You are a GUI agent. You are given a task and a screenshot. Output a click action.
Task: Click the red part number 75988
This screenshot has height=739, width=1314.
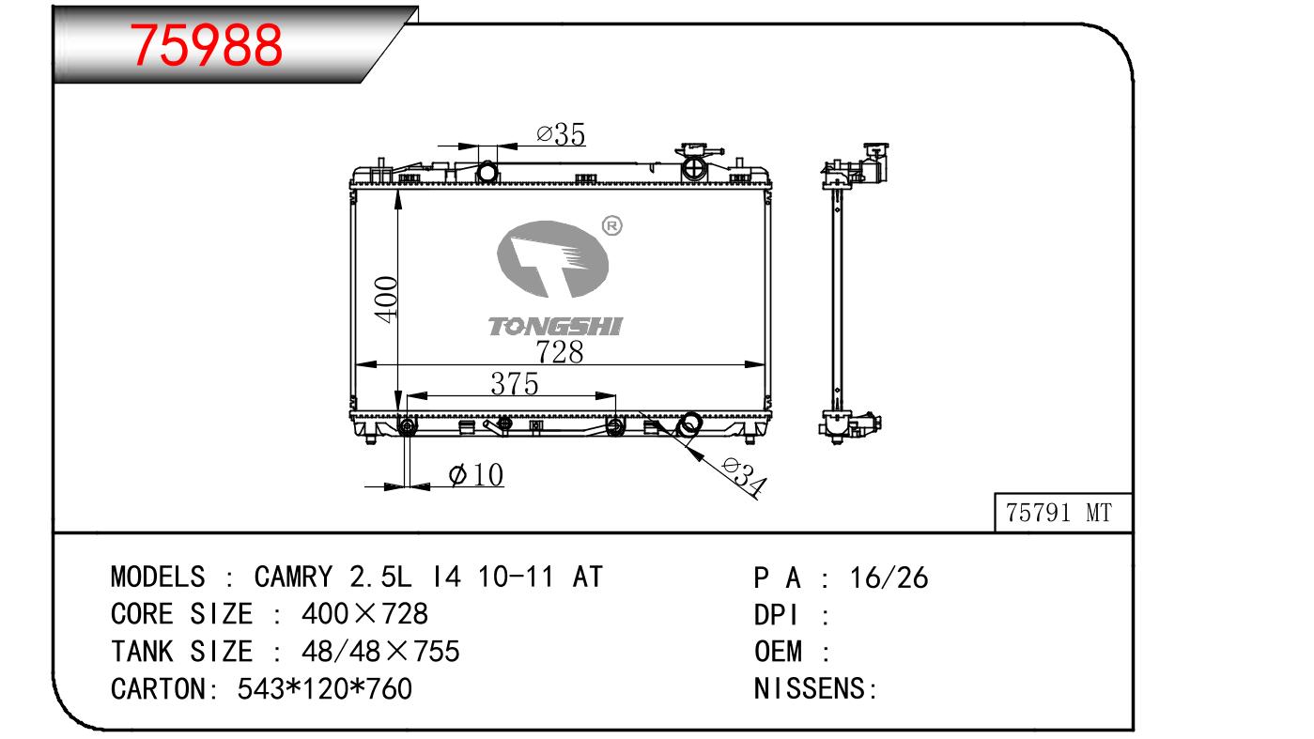coord(206,45)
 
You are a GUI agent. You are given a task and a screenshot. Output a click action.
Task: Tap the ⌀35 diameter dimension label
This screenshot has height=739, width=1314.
coord(561,134)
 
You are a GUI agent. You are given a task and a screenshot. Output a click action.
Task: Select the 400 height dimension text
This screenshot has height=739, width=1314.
coord(386,300)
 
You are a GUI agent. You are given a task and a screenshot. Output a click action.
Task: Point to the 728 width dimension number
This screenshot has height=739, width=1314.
coord(560,352)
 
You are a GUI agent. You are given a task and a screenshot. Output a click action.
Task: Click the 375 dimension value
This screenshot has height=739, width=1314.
coord(515,384)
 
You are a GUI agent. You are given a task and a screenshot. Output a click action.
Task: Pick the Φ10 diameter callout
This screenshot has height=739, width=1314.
coord(476,474)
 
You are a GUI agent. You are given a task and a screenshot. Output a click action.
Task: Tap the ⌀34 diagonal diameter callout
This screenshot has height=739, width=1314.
coord(744,476)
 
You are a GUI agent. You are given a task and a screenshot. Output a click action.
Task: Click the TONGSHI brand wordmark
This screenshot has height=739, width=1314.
coord(555,327)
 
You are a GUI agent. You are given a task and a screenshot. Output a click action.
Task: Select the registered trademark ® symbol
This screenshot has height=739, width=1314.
coord(611,225)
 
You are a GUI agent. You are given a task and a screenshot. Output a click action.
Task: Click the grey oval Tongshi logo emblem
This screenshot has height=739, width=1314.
coord(552,258)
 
